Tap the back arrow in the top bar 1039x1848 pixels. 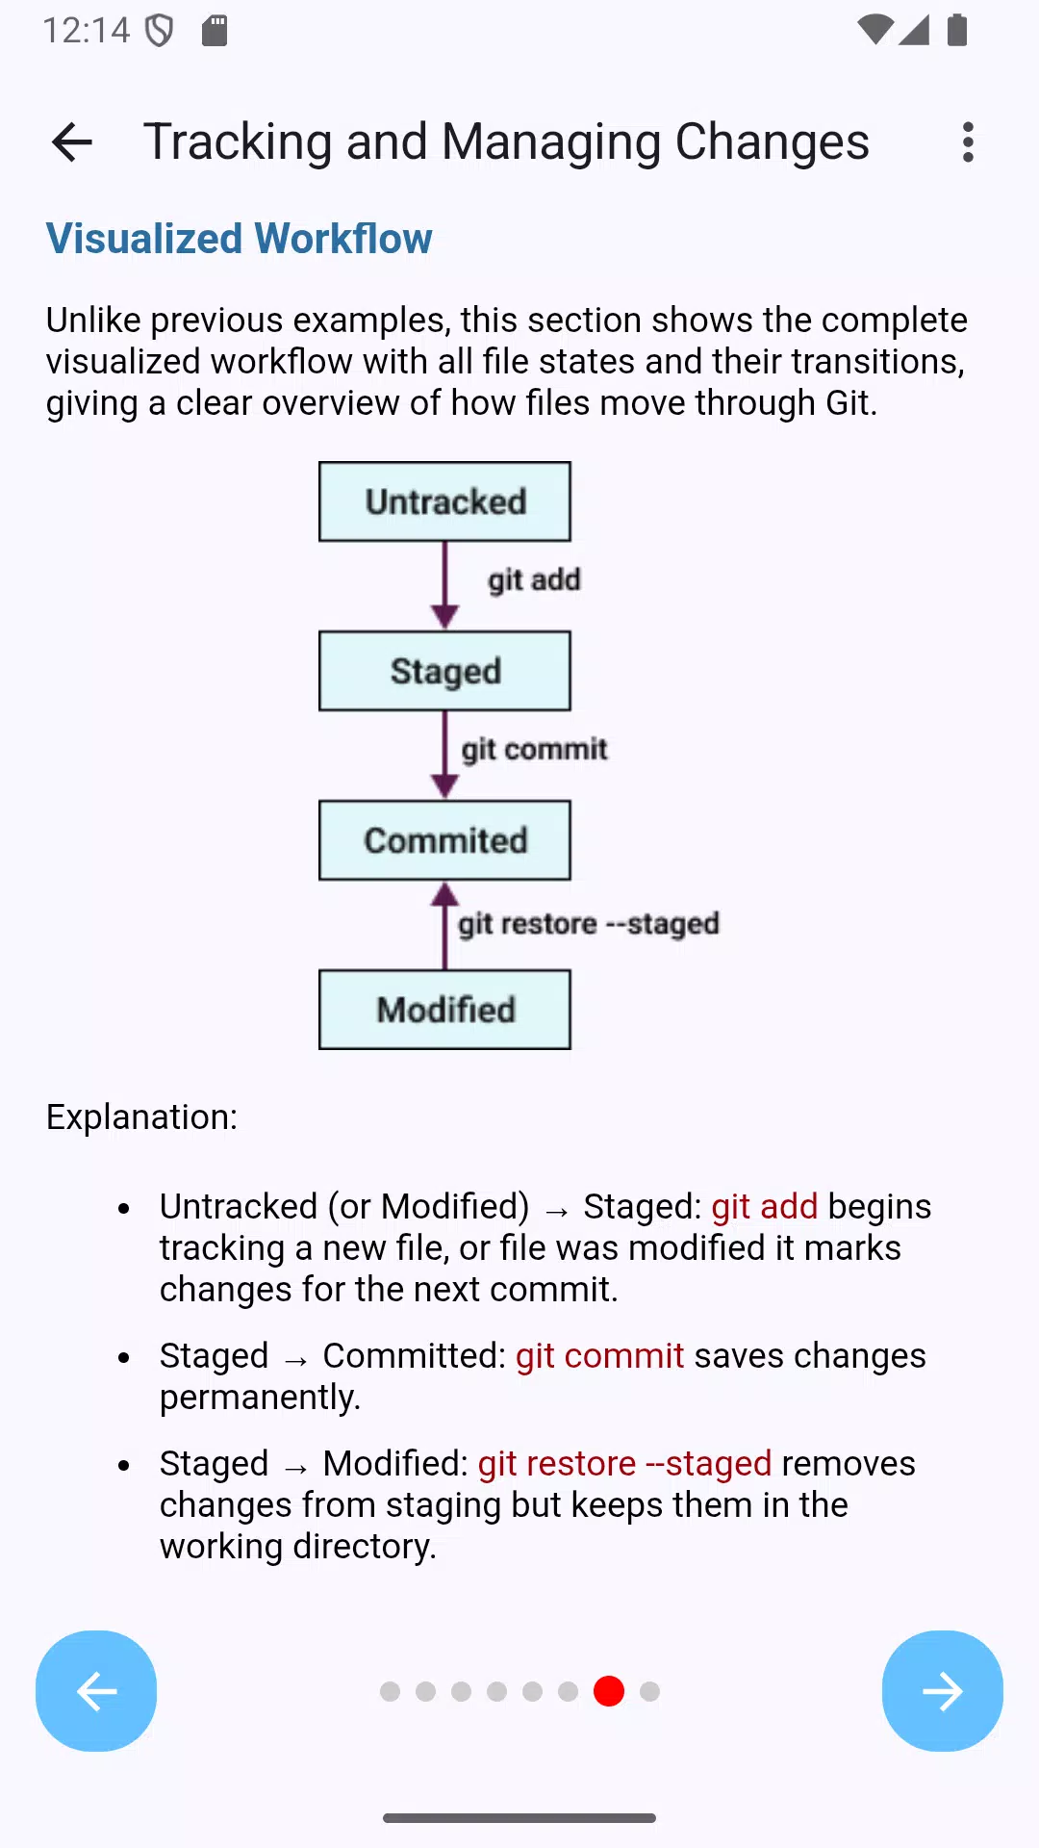point(72,142)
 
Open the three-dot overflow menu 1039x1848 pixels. point(968,142)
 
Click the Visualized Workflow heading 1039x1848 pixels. point(240,239)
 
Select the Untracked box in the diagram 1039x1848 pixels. point(444,501)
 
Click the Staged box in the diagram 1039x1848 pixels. point(444,671)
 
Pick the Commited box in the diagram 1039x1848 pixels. point(444,840)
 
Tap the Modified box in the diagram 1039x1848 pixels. point(444,1010)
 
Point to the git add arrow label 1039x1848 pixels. point(534,580)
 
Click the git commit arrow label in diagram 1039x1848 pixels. point(534,750)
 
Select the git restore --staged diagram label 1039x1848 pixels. point(589,924)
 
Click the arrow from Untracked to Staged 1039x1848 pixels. point(444,585)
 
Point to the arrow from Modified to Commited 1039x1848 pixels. point(444,926)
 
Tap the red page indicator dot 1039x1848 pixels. point(609,1691)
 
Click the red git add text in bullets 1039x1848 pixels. point(765,1206)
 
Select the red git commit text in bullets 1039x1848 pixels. point(600,1356)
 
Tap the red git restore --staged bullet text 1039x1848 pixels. point(625,1464)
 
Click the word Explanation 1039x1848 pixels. point(141,1117)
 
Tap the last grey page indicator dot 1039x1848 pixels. point(650,1691)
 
